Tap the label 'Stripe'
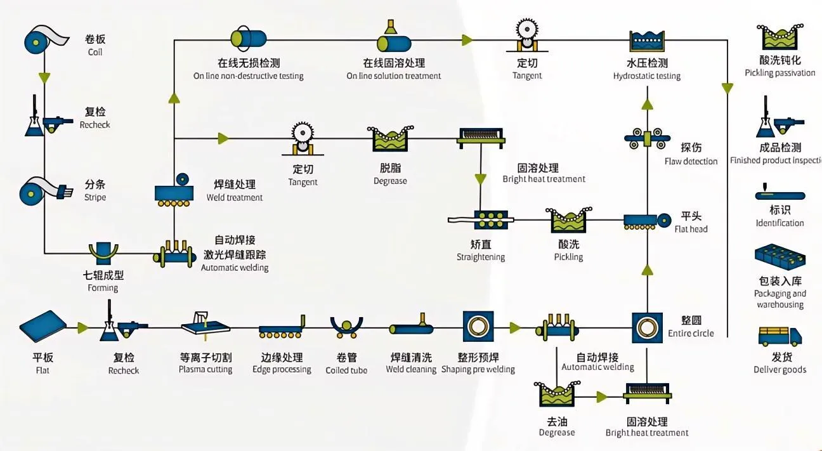coord(95,197)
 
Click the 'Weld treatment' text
coord(235,197)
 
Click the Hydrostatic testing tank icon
coord(646,40)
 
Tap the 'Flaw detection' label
coord(691,161)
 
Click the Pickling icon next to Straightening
coord(568,219)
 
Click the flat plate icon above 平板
coord(43,327)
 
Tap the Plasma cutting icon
coord(205,325)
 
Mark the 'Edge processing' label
coord(282,369)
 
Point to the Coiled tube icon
coord(346,327)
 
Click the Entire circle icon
coord(646,327)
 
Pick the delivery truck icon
coord(780,336)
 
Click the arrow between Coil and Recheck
coord(44,77)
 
